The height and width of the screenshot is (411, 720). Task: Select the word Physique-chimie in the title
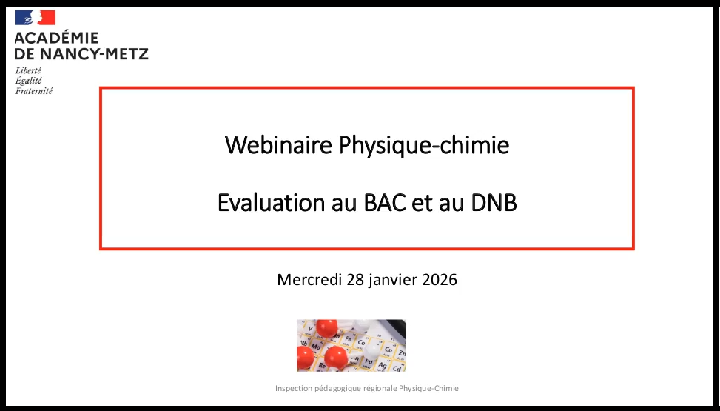click(x=424, y=146)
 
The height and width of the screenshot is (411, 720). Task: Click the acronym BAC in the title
click(x=385, y=203)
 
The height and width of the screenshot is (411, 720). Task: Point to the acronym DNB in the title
click(x=494, y=203)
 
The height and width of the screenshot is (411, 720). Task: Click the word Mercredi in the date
click(x=309, y=279)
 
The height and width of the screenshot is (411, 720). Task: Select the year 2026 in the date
click(x=440, y=279)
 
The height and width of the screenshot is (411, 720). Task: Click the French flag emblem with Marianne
click(x=35, y=18)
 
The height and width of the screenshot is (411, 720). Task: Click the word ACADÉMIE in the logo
click(x=56, y=38)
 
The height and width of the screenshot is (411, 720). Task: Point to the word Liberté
click(x=28, y=70)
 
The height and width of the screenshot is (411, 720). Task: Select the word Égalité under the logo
click(x=28, y=81)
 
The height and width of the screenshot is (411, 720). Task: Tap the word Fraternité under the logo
click(x=33, y=91)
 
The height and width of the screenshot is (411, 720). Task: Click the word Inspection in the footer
click(x=294, y=389)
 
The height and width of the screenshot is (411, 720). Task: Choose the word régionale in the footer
click(x=380, y=389)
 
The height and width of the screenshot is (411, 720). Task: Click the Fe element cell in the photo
click(x=348, y=340)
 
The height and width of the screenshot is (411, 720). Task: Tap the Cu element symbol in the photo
click(x=388, y=350)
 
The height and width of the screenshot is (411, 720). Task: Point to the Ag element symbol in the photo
click(x=382, y=365)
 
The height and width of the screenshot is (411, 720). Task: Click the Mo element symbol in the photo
click(x=316, y=346)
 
